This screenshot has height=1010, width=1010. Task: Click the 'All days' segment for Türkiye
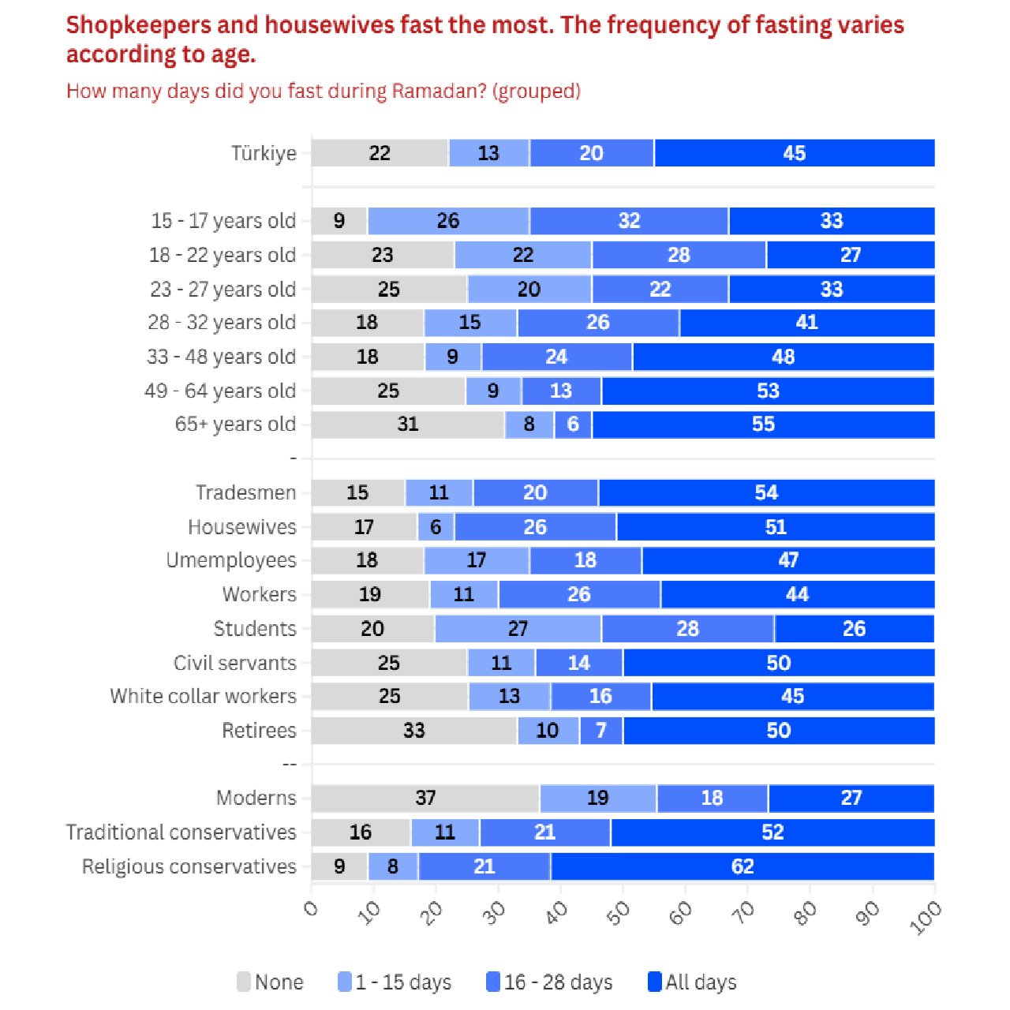[794, 153]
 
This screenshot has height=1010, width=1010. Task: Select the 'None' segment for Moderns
[425, 799]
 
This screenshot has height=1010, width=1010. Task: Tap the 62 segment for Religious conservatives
[743, 866]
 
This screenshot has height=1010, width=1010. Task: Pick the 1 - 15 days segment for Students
[518, 629]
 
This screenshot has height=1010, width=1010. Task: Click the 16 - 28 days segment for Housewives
[535, 527]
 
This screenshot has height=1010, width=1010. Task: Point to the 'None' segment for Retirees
[414, 731]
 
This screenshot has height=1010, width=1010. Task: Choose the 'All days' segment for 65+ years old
[763, 425]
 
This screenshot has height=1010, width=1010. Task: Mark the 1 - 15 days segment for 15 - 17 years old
[448, 221]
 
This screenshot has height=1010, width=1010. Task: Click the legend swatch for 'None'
[244, 982]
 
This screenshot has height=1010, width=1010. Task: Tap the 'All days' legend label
[701, 982]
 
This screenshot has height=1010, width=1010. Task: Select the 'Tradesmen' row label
[245, 493]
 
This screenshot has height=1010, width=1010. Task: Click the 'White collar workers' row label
[203, 696]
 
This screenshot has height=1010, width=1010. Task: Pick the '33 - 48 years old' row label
[221, 357]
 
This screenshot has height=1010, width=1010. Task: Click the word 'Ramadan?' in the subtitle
[439, 92]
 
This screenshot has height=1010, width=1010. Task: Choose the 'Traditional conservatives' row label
[181, 832]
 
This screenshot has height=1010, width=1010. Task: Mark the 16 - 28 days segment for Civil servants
[578, 663]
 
